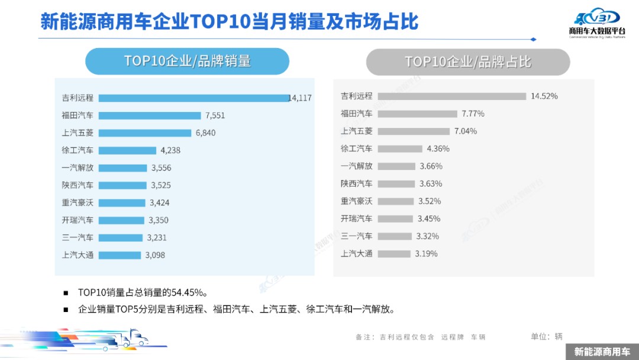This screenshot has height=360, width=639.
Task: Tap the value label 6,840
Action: pyautogui.click(x=205, y=133)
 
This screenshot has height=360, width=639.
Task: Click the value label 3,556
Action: pyautogui.click(x=161, y=168)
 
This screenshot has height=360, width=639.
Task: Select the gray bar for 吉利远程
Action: pyautogui.click(x=451, y=96)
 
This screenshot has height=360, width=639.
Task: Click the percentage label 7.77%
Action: pyautogui.click(x=473, y=114)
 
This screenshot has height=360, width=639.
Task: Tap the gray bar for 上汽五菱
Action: pyautogui.click(x=412, y=131)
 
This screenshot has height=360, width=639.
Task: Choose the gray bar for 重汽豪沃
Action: pyautogui.click(x=395, y=201)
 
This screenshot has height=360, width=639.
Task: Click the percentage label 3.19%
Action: pyautogui.click(x=426, y=254)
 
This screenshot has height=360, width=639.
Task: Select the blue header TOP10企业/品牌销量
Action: pyautogui.click(x=187, y=62)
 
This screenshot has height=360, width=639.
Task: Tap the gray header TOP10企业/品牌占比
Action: pyautogui.click(x=467, y=62)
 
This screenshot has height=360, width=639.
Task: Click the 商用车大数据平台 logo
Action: pyautogui.click(x=596, y=24)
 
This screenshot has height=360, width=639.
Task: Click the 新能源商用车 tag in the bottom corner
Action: pyautogui.click(x=602, y=352)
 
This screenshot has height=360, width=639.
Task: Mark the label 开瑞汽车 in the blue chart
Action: pyautogui.click(x=78, y=220)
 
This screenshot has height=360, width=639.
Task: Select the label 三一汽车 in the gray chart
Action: pyautogui.click(x=357, y=236)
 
